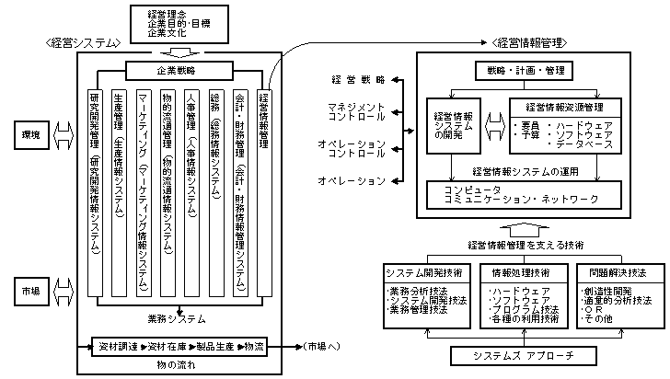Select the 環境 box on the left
point(30,135)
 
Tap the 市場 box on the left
point(30,292)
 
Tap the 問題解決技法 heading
point(615,272)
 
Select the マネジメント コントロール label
point(356,112)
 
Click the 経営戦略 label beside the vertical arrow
point(356,81)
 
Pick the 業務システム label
point(176,319)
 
